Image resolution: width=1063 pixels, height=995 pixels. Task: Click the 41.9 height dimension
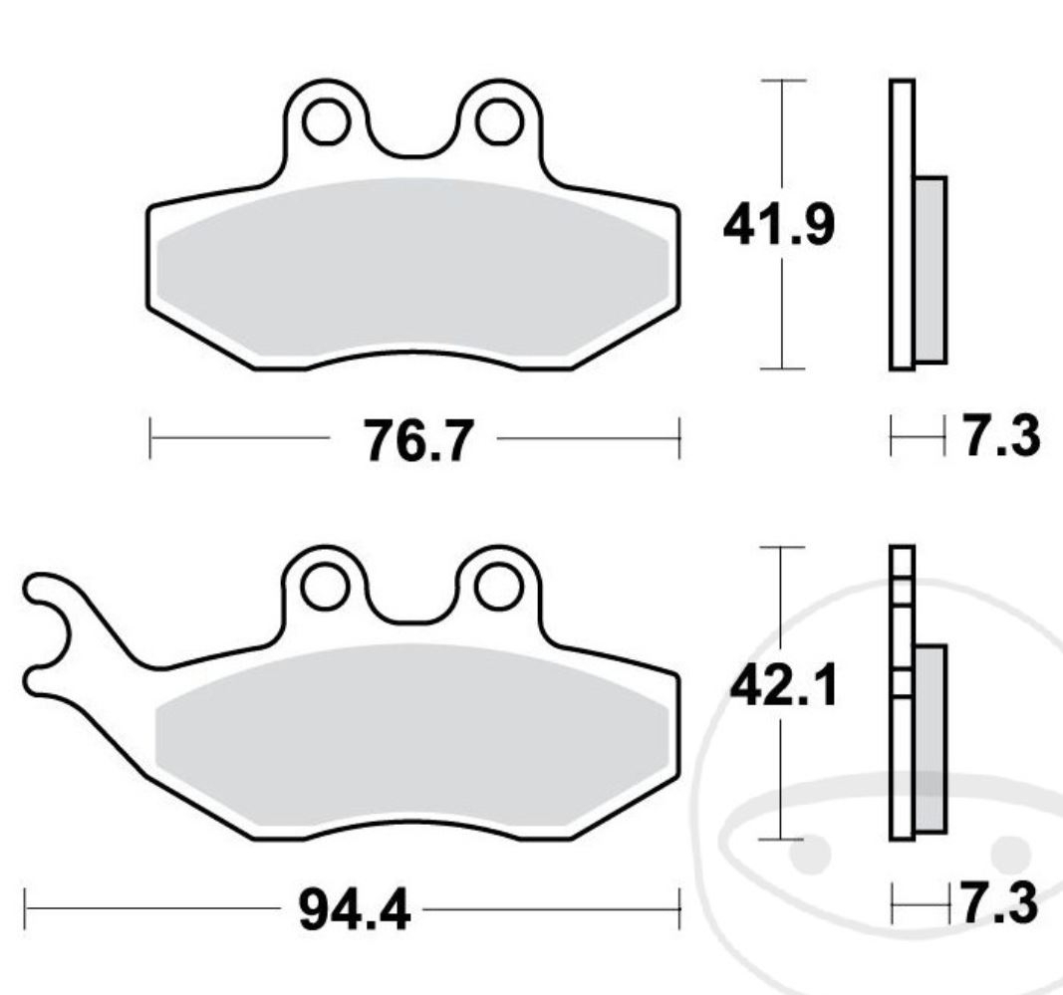click(778, 225)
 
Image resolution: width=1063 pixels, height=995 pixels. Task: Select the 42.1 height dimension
click(783, 686)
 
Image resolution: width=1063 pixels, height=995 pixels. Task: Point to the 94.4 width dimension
click(355, 911)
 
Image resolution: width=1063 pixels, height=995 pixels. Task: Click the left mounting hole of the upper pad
click(327, 122)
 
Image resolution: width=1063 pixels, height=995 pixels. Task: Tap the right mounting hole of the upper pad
click(500, 122)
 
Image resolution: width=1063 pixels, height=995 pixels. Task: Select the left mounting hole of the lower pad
click(326, 587)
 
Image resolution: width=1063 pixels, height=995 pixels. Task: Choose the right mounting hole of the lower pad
click(498, 587)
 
